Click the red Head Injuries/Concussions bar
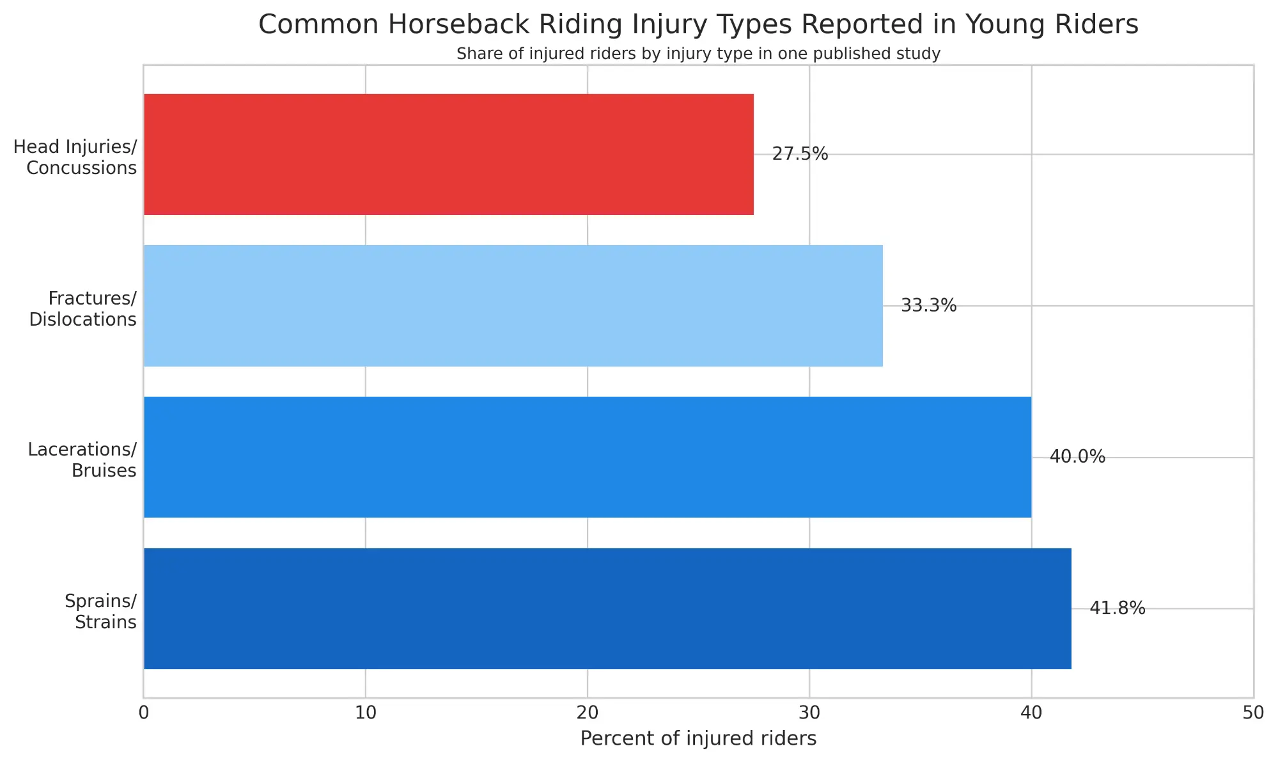[x=448, y=154]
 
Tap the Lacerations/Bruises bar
[x=587, y=457]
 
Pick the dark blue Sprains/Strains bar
[x=607, y=608]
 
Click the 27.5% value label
[x=800, y=154]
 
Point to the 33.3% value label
[x=928, y=306]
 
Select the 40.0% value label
[x=1077, y=457]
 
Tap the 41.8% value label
[x=1117, y=608]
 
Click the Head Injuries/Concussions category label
[x=75, y=157]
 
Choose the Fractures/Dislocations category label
[x=83, y=309]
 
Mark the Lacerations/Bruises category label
[x=82, y=460]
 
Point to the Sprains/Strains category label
[x=101, y=612]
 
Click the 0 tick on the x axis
[x=144, y=713]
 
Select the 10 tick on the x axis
[x=366, y=713]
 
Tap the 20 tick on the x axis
[x=588, y=713]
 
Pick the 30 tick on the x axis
[x=809, y=713]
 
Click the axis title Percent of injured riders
[x=698, y=739]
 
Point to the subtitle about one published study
[x=698, y=54]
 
